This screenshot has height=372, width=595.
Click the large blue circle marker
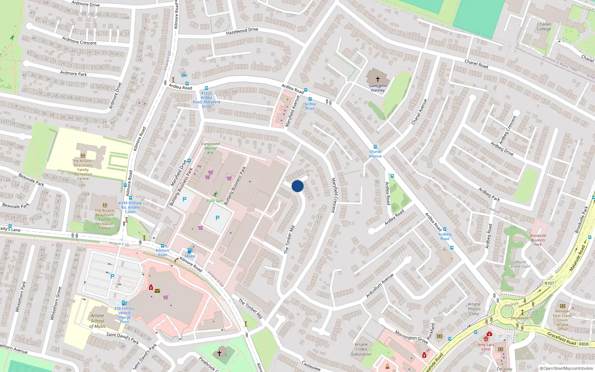(297, 186)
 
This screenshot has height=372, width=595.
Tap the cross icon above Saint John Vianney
(377, 79)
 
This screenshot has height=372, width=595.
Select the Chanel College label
(544, 26)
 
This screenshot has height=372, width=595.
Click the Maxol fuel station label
(190, 256)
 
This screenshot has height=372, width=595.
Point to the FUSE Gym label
(215, 201)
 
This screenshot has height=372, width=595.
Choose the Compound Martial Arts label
(210, 148)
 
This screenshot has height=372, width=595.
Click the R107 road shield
(549, 283)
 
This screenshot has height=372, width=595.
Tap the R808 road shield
(583, 344)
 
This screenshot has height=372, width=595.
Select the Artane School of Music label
(98, 321)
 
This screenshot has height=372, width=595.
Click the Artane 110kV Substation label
(361, 349)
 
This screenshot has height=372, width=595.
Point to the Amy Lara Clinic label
(486, 347)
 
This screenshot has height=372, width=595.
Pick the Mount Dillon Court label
(521, 264)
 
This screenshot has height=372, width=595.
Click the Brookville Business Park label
(538, 240)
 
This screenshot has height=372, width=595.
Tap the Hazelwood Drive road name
(242, 31)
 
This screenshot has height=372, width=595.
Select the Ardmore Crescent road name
(79, 41)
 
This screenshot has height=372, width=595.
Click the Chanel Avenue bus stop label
(375, 154)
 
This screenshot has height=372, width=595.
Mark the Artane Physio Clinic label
(474, 309)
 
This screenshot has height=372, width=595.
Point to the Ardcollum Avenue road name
(380, 285)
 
